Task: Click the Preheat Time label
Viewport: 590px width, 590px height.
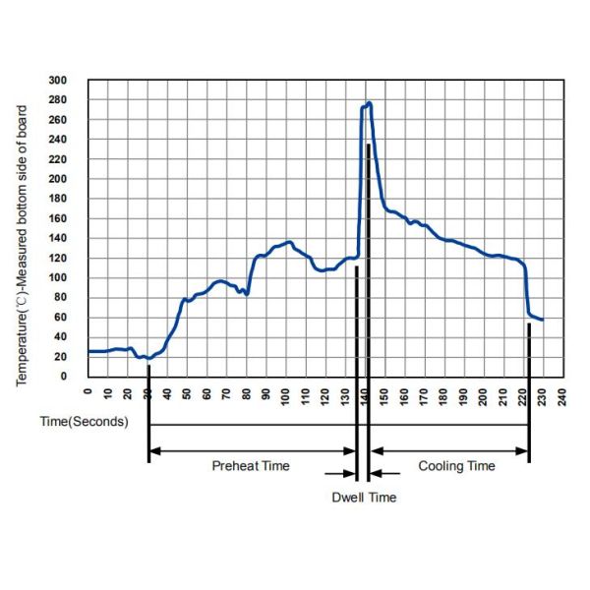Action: coord(251,466)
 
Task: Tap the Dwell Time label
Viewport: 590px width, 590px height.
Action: coord(364,498)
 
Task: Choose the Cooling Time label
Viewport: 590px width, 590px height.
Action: coord(457,466)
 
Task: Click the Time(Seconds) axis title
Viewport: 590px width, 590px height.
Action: coord(85,423)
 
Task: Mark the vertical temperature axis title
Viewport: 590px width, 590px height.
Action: coord(22,236)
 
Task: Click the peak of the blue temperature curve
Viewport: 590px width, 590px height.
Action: coord(369,102)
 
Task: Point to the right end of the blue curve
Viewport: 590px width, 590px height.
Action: coord(543,320)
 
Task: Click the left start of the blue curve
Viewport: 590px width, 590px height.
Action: coord(89,351)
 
